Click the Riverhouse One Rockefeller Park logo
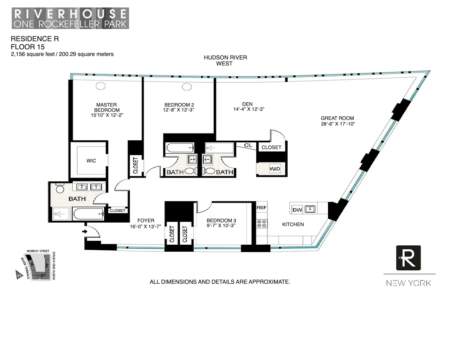(70, 18)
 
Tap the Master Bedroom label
(107, 108)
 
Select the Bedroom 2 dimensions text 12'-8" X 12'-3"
(179, 110)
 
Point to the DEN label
(247, 104)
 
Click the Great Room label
(337, 118)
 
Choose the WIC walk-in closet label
(91, 161)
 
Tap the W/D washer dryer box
(275, 169)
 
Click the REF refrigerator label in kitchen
(262, 208)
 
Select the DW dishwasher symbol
(297, 210)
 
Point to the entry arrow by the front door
(84, 231)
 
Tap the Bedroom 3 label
(221, 220)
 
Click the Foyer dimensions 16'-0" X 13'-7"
(145, 227)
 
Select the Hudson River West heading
(225, 60)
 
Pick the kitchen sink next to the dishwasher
(310, 209)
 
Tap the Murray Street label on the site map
(38, 251)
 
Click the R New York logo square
(409, 258)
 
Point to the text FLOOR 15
(28, 47)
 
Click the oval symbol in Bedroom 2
(187, 87)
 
